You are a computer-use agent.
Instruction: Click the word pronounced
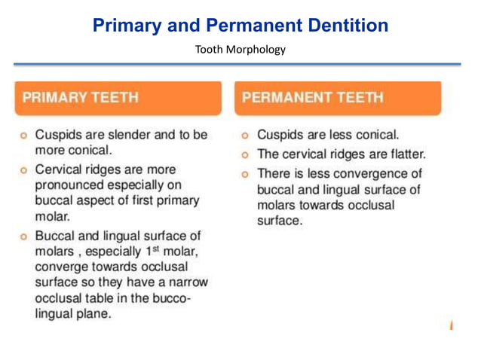72,185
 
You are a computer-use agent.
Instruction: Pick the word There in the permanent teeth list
274,173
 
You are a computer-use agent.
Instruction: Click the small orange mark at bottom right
450,325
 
